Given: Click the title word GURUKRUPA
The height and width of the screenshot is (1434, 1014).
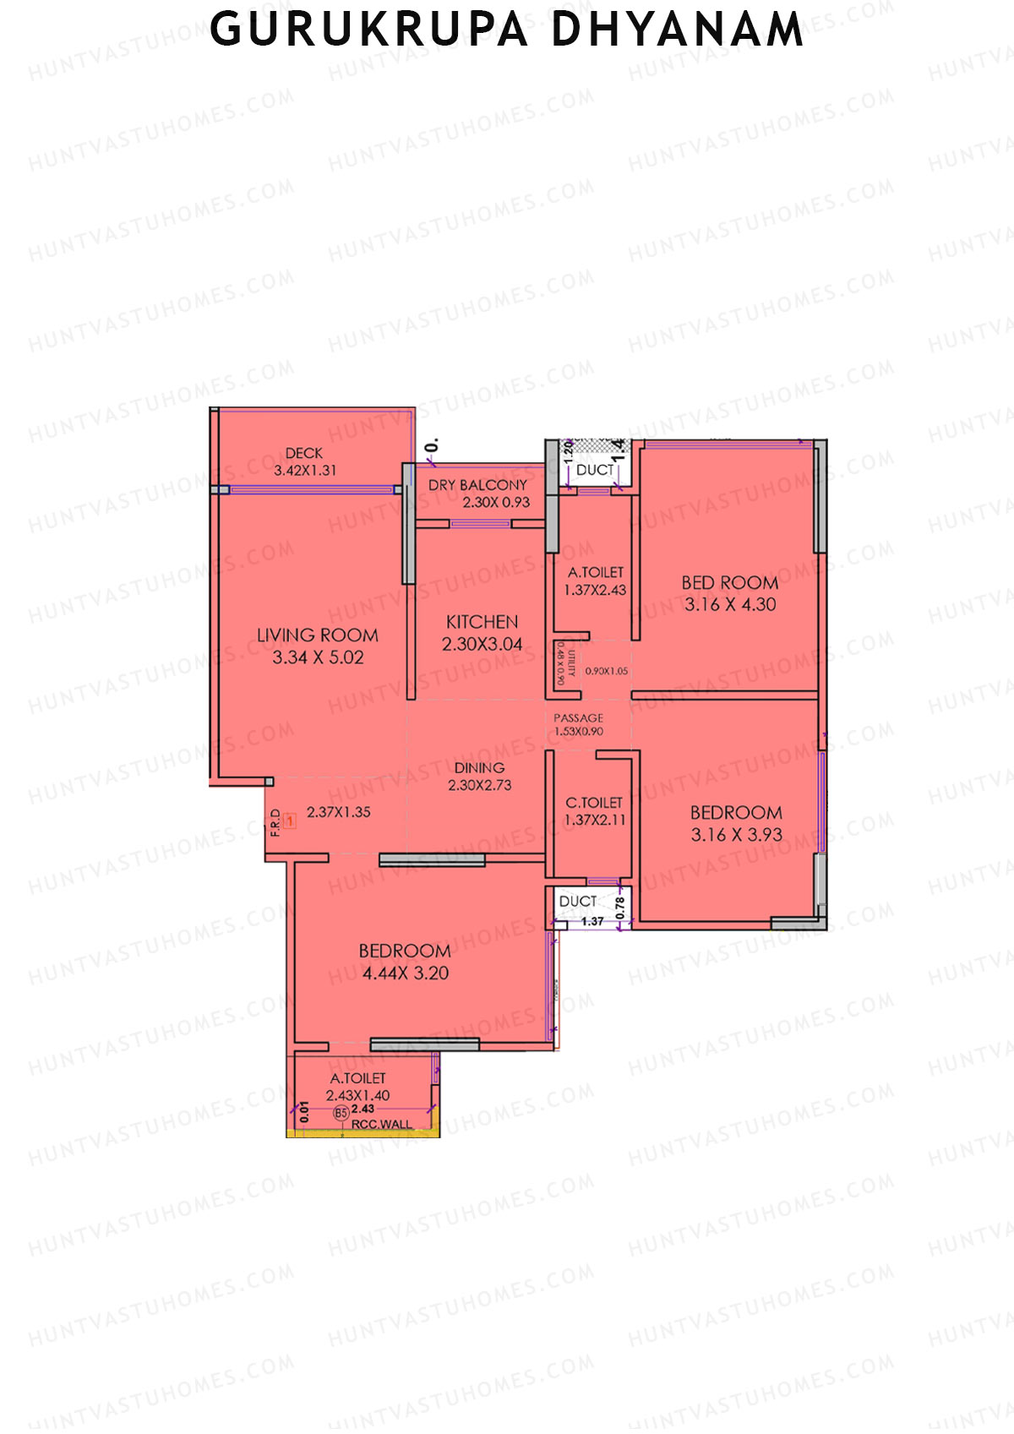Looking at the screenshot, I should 368,30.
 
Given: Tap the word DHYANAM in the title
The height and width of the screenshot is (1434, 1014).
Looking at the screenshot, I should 678,30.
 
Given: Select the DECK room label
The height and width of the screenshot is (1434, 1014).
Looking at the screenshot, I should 304,454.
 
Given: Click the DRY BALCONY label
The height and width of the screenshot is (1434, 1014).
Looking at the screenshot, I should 477,485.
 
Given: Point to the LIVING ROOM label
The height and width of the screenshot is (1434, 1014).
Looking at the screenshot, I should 318,635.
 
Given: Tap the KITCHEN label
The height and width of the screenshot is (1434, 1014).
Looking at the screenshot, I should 482,622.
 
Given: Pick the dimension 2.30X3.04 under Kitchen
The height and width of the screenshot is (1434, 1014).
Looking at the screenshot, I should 482,644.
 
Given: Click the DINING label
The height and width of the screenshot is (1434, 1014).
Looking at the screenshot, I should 479,768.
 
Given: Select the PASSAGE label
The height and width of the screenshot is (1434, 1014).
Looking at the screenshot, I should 579,717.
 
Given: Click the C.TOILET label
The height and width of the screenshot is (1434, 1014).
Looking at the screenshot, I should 594,803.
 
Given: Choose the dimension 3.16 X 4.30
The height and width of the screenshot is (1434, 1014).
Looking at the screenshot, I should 730,604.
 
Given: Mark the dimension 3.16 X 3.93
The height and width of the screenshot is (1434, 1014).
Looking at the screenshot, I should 736,835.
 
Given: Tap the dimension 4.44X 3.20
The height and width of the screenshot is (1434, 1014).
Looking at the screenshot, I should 406,973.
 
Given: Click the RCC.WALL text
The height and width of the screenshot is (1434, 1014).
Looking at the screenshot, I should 382,1124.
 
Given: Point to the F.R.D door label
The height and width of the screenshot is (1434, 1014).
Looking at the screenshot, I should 275,822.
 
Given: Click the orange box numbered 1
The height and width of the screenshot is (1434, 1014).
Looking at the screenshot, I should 290,820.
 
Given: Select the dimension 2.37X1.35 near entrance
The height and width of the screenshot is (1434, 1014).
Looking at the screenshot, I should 338,812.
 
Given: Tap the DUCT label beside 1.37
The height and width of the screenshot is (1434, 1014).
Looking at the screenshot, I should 578,902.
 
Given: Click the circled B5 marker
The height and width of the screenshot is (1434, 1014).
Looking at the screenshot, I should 341,1114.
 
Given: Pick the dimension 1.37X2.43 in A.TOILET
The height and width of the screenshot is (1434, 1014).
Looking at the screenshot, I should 595,590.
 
